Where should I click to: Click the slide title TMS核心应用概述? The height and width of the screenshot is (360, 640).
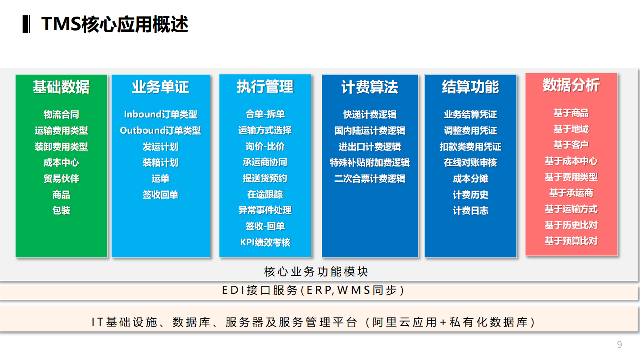(x=115, y=24)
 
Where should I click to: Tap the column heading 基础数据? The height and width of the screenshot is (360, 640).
(x=61, y=87)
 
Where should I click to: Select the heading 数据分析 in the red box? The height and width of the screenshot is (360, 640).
(x=571, y=85)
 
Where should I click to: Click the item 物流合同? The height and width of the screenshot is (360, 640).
(x=61, y=115)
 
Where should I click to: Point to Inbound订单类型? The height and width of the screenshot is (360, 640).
(x=161, y=115)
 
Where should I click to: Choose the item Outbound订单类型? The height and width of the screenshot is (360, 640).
(x=161, y=131)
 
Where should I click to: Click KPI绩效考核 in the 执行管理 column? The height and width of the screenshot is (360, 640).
(x=265, y=242)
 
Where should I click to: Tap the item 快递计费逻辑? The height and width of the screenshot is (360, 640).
(x=370, y=115)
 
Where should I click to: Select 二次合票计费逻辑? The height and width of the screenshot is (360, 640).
(x=370, y=179)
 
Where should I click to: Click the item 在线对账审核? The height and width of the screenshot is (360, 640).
(x=470, y=163)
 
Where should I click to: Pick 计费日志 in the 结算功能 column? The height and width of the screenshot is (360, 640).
(x=470, y=211)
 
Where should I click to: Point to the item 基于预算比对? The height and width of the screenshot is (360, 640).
(x=571, y=241)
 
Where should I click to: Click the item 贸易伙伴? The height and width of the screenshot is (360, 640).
(x=61, y=179)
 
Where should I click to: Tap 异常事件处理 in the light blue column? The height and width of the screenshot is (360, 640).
(x=265, y=210)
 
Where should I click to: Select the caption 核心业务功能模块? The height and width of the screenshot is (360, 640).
(x=316, y=272)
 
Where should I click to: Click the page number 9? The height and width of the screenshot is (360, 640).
(x=619, y=345)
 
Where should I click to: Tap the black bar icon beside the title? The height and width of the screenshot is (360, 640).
(x=26, y=24)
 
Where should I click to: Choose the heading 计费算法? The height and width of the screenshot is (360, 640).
(x=370, y=87)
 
